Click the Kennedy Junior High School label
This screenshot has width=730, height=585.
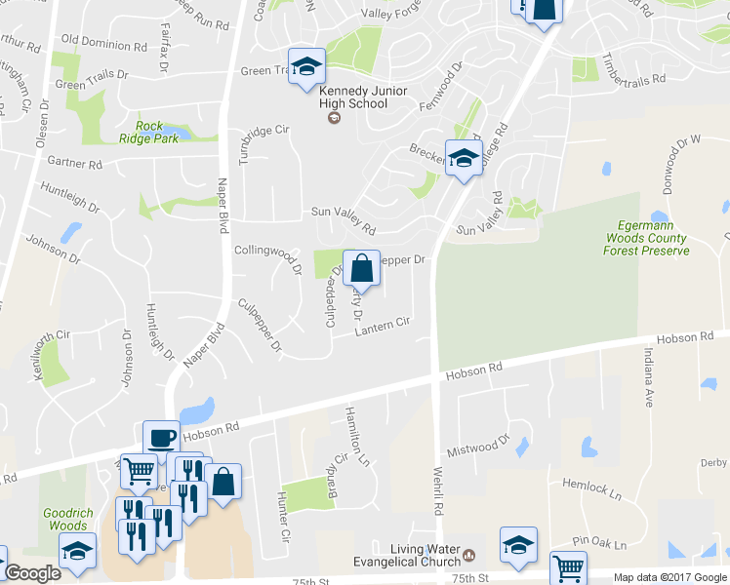tap(352, 97)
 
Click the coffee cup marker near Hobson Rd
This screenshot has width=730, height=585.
tap(161, 438)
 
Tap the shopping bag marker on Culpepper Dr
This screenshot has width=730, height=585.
tap(361, 268)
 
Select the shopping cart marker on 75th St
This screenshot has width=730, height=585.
tap(568, 567)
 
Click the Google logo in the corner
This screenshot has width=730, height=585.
tap(32, 573)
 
